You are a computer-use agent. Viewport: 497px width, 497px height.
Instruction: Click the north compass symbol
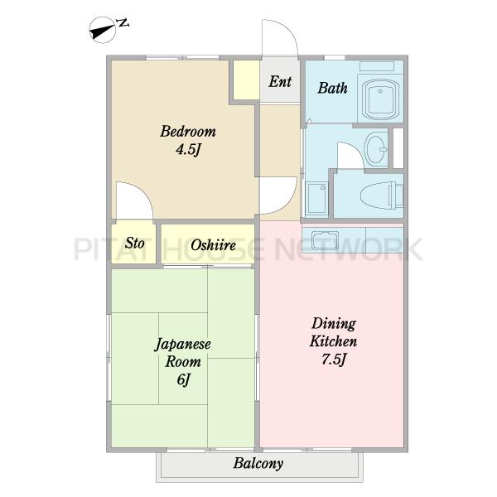pyautogui.click(x=103, y=30)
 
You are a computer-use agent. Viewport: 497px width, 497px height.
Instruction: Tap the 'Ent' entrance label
pyautogui.click(x=280, y=81)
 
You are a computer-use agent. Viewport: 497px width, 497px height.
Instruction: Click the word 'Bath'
pyautogui.click(x=332, y=88)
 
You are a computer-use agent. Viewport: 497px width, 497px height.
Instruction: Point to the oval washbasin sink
pyautogui.click(x=376, y=148)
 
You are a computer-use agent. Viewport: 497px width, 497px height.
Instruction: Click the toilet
pyautogui.click(x=381, y=195)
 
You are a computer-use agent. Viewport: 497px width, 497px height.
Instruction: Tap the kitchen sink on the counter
pyautogui.click(x=326, y=240)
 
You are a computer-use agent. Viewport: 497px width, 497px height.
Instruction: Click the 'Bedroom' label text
pyautogui.click(x=188, y=132)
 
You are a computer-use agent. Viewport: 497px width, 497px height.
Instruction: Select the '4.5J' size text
pyautogui.click(x=189, y=149)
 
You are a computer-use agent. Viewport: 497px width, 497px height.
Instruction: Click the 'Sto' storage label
pyautogui.click(x=135, y=243)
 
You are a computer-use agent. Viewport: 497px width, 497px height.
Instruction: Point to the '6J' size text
pyautogui.click(x=184, y=379)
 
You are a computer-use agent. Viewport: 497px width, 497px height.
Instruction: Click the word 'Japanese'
pyautogui.click(x=183, y=345)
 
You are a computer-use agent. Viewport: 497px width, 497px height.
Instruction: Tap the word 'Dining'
pyautogui.click(x=334, y=324)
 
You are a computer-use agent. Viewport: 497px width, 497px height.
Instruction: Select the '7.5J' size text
pyautogui.click(x=334, y=359)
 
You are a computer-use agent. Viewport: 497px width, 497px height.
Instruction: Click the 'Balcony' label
pyautogui.click(x=258, y=464)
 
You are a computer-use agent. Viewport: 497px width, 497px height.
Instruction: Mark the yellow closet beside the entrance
pyautogui.click(x=246, y=80)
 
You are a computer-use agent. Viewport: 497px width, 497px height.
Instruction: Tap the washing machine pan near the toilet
pyautogui.click(x=316, y=198)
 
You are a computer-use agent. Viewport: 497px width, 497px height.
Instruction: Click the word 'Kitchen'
pyautogui.click(x=334, y=341)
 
